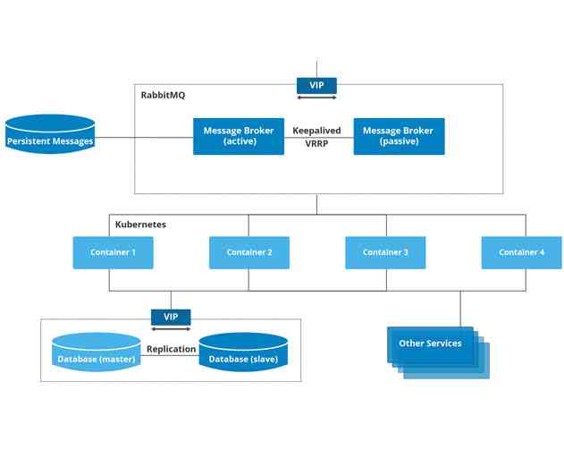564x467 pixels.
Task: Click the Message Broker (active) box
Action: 239,136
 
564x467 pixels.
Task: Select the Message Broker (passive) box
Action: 398,136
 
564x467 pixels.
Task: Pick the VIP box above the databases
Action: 171,317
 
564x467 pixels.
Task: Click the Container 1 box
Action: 113,252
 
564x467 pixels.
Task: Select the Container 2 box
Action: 249,252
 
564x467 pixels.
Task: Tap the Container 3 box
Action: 385,252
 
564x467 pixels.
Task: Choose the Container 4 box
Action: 521,252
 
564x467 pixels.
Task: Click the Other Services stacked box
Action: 431,344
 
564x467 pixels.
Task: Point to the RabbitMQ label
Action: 163,95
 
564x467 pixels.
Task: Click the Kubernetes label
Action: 140,225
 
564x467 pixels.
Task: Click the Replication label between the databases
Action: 171,349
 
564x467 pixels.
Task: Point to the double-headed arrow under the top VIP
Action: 316,96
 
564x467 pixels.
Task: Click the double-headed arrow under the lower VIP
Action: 171,328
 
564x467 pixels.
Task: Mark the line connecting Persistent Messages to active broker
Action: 143,139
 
